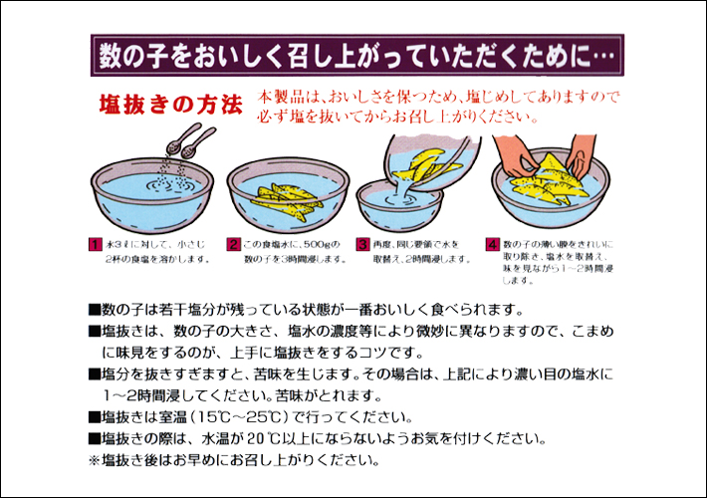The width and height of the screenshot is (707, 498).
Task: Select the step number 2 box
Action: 233,243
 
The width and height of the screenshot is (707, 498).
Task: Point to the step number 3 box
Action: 362,243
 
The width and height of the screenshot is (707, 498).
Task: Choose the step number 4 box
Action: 492,243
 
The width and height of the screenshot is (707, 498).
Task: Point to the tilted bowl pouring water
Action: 423,159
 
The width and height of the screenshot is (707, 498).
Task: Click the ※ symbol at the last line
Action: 95,460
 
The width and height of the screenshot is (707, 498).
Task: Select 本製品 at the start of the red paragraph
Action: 275,98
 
